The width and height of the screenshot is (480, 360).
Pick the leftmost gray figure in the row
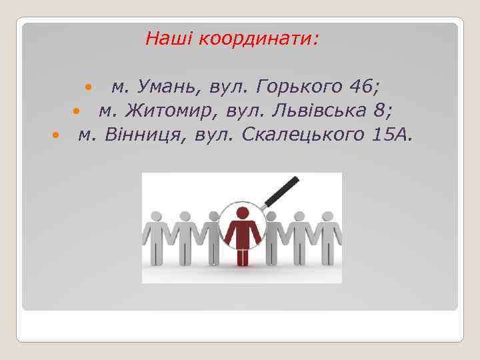[155, 237]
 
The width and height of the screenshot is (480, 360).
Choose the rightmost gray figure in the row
[327, 237]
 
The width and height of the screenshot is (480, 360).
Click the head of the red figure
[242, 213]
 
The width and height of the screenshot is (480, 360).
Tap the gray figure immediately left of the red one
[213, 237]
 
